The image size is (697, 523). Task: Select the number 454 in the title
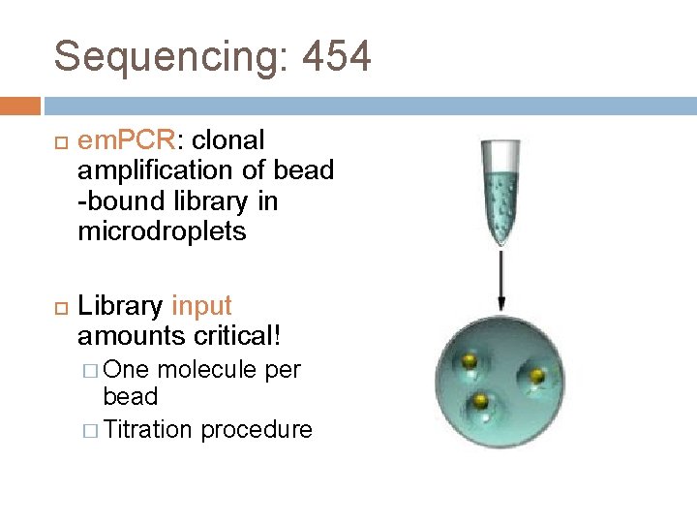pos(336,57)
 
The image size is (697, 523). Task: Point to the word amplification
pos(154,171)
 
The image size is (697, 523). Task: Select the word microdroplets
pos(162,232)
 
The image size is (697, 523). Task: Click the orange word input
pos(201,306)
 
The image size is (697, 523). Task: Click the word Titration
pos(148,429)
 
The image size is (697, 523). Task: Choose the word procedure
pos(257,429)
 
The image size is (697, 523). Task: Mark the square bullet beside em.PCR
pos(59,142)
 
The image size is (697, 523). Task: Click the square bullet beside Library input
pos(59,307)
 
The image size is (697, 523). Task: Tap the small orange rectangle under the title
pos(20,106)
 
